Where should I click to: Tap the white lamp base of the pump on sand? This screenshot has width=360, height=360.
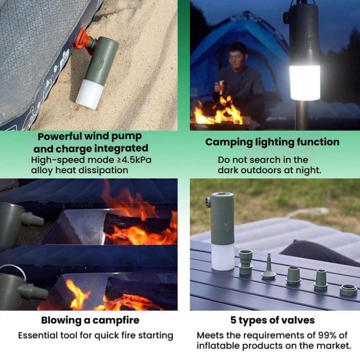(x=90, y=95)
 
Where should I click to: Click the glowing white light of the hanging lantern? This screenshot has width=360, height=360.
(x=305, y=83)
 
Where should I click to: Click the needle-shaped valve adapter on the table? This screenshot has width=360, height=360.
(x=269, y=266)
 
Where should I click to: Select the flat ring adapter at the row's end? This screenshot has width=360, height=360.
(x=348, y=290)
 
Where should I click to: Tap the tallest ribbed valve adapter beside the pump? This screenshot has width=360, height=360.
(x=246, y=262)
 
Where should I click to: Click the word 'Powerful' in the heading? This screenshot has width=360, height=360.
(x=60, y=137)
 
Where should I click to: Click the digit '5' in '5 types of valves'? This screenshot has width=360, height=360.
(x=233, y=320)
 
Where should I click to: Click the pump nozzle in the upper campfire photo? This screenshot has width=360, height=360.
(x=32, y=219)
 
